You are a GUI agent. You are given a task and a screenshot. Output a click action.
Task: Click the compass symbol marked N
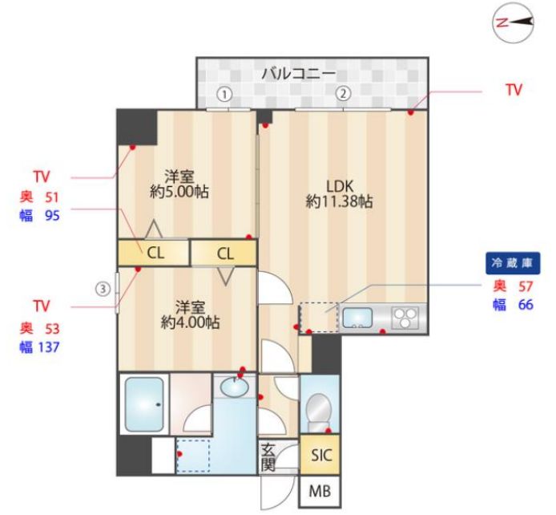506,23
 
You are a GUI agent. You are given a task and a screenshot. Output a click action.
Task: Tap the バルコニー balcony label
298,74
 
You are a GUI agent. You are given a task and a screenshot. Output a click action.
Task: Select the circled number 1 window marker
225,93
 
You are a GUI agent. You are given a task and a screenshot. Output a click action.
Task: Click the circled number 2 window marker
343,93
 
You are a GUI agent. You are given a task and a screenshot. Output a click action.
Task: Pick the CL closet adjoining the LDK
224,253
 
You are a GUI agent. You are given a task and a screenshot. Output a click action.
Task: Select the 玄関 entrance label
268,458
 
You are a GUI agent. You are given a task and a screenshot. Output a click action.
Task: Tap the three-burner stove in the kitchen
406,318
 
